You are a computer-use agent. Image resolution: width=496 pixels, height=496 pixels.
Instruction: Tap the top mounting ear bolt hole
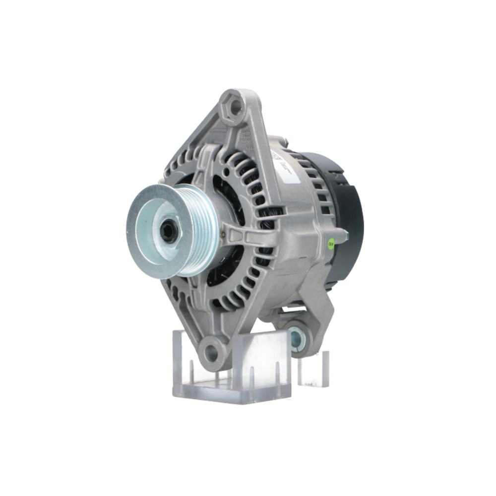pos(233,106)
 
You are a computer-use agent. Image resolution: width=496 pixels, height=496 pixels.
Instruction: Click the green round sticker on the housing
pos(331,244)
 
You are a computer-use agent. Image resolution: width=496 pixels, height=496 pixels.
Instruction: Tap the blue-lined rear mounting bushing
pos(297,339)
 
